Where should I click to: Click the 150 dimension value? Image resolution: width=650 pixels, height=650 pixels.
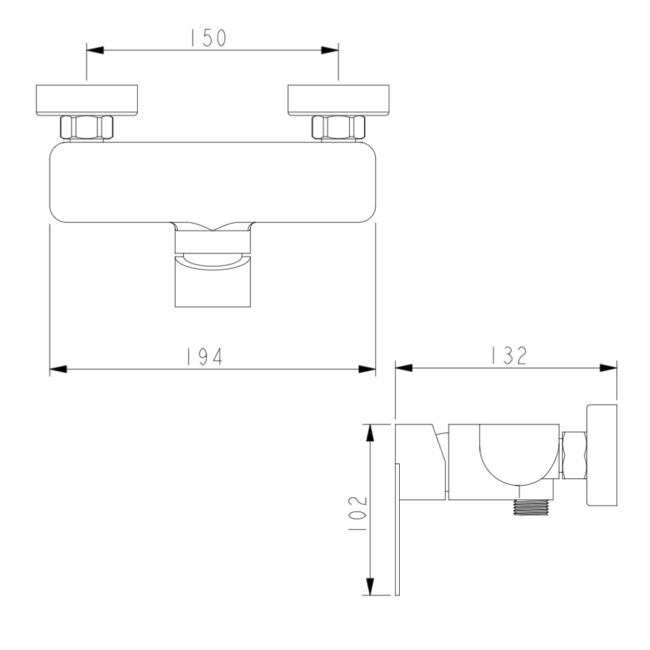[x=208, y=38]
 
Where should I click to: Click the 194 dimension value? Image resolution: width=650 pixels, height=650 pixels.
[x=206, y=356]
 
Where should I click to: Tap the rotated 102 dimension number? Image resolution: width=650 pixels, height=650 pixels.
[x=356, y=513]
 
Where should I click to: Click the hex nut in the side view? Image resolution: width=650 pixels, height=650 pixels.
[x=573, y=454]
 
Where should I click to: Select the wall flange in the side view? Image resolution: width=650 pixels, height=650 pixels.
[x=602, y=455]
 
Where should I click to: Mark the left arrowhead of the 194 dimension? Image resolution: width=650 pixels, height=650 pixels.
[x=58, y=369]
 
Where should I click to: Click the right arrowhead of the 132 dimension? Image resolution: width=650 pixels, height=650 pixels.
[x=609, y=367]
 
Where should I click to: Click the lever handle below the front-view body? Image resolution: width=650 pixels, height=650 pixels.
[x=213, y=279]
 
